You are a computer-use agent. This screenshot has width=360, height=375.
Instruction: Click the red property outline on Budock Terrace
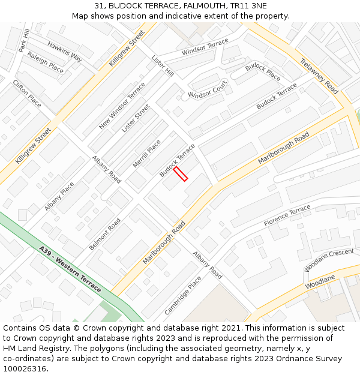pos(181,173)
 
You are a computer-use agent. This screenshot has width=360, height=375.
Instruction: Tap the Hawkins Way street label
pos(65,52)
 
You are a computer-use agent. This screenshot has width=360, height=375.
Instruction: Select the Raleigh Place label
pos(45,62)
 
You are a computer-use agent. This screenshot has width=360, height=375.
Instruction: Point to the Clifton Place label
pos(27,94)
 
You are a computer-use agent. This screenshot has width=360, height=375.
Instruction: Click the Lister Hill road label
pos(163,66)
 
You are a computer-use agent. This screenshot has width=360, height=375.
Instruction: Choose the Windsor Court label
pos(208,89)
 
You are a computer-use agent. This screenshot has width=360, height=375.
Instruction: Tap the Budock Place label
pos(263,71)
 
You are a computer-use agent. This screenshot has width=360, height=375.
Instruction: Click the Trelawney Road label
pos(319,76)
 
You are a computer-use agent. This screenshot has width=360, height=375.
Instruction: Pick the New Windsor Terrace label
pos(122,106)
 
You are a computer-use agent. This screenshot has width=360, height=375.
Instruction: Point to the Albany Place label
pos(59,196)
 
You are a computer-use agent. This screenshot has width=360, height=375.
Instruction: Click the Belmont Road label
pos(105,234)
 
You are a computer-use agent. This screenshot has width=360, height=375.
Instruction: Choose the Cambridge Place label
pos(183,295)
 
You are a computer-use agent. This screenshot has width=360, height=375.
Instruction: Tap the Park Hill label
pos(24,40)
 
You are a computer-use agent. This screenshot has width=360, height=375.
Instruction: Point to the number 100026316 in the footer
pos(26,369)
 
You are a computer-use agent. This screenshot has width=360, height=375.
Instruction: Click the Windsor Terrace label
pos(205,47)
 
